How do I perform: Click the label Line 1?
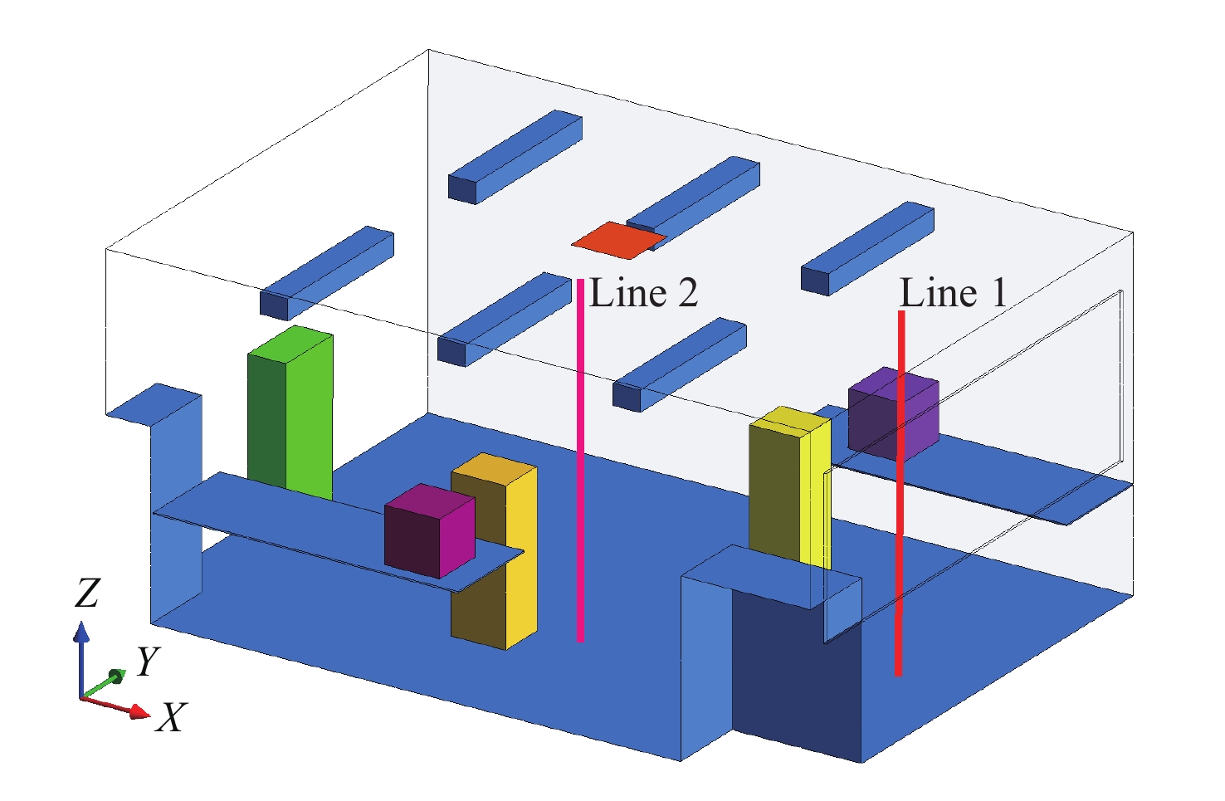953,293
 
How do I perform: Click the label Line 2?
643,293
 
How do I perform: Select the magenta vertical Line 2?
580,465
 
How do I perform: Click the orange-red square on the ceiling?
617,239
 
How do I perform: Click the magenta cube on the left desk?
429,531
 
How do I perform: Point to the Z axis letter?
86,593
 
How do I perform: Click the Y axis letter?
147,662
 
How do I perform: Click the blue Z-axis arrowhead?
81,633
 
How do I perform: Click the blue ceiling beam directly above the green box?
328,271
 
